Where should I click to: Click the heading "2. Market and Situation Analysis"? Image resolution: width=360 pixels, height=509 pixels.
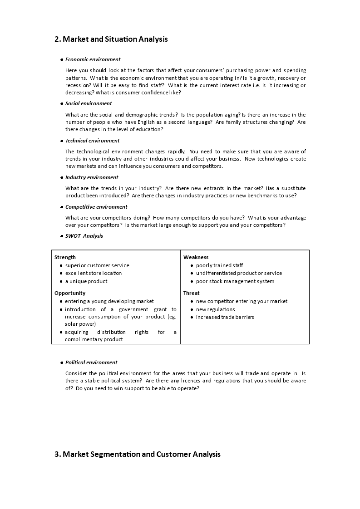[x=111, y=39]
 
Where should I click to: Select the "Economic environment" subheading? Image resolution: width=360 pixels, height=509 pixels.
[x=93, y=59]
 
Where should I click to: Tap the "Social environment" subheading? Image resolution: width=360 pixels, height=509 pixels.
[x=89, y=103]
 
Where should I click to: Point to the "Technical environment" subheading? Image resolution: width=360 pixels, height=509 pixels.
[x=92, y=141]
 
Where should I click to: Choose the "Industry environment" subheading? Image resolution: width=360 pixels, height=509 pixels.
[x=92, y=177]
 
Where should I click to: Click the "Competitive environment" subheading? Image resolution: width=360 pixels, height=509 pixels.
[x=96, y=207]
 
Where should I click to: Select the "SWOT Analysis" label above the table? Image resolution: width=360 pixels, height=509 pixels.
[x=84, y=236]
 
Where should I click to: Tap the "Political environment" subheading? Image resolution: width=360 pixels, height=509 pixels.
[x=91, y=362]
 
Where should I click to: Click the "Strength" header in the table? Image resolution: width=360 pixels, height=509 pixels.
[x=65, y=257]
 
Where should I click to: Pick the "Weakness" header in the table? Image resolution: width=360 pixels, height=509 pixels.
[x=196, y=257]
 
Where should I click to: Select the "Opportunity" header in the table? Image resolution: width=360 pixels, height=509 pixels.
[x=70, y=293]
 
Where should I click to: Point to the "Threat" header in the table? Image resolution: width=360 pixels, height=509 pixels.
[x=191, y=293]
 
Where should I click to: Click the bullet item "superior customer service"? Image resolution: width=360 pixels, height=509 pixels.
[x=97, y=265]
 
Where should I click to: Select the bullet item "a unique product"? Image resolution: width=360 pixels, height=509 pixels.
[x=86, y=281]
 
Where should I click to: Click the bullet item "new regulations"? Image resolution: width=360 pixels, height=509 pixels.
[x=215, y=309]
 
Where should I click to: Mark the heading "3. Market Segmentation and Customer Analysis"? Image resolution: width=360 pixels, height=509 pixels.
[x=138, y=454]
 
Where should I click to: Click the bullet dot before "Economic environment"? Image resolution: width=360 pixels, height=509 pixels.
[x=62, y=60]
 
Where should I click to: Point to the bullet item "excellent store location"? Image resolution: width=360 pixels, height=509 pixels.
[x=94, y=273]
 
